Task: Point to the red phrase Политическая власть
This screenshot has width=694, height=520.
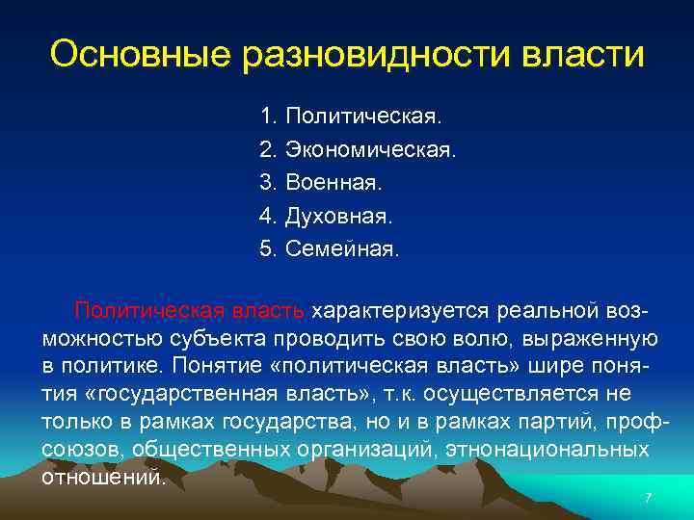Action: (192, 310)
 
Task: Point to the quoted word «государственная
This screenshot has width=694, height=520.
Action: (168, 395)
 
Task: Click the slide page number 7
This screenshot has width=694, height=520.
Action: (648, 498)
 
